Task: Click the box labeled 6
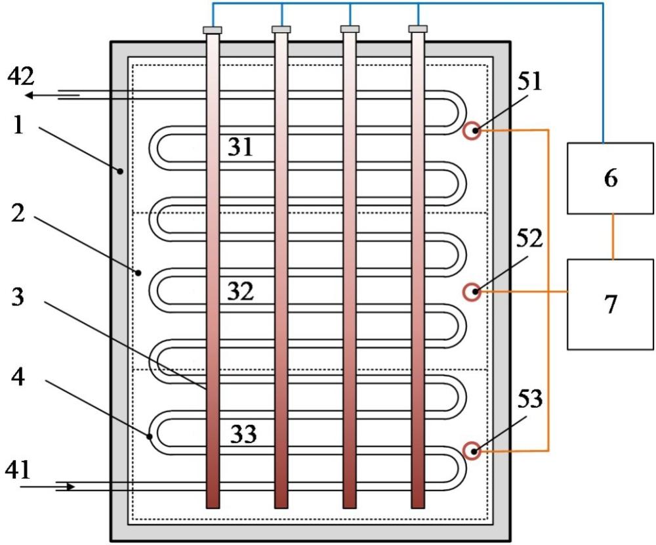(x=610, y=179)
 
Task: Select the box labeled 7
(x=610, y=305)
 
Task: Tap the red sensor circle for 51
(x=472, y=130)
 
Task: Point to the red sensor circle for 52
(x=472, y=292)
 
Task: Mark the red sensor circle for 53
(x=472, y=451)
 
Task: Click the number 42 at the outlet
(x=21, y=77)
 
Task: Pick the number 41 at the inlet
(x=18, y=469)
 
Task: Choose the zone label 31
(x=240, y=147)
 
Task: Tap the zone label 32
(x=240, y=291)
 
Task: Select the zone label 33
(x=243, y=434)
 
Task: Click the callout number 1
(x=18, y=125)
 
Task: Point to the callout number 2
(x=18, y=213)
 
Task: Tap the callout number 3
(x=18, y=297)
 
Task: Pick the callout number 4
(x=18, y=377)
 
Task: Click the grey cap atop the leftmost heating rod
(x=213, y=30)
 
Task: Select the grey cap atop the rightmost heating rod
(x=418, y=29)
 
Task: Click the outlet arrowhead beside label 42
(x=29, y=95)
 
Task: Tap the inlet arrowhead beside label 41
(x=71, y=487)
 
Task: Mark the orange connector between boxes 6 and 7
(x=613, y=236)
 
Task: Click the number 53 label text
(x=529, y=399)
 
